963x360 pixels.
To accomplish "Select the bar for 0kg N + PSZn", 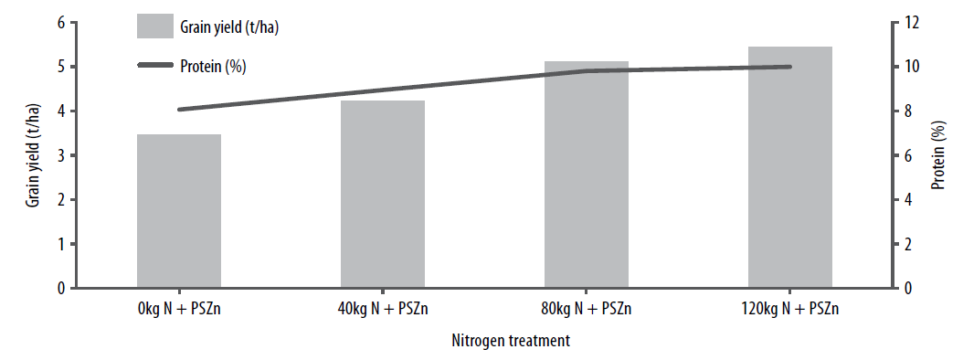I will point(179,211).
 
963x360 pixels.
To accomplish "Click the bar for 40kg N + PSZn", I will point(383,195).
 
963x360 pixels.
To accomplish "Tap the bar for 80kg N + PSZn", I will point(587,175).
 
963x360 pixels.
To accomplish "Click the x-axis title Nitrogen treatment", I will point(511,342).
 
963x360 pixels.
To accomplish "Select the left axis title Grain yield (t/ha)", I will point(33,155).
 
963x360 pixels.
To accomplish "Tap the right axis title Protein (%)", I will point(938,155).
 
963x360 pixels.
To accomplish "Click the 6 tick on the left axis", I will point(61,23).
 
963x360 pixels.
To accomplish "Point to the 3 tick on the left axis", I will point(61,155).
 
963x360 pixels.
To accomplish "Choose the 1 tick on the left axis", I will point(61,244).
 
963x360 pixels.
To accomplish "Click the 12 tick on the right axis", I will point(909,23).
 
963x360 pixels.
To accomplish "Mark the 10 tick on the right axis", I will point(909,67).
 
